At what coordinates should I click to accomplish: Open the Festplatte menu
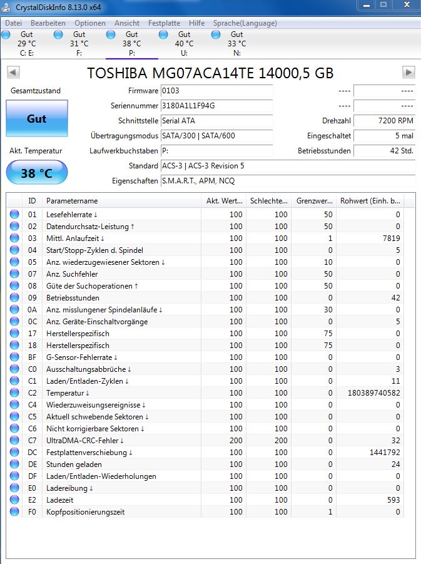point(164,23)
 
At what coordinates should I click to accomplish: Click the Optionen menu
point(90,23)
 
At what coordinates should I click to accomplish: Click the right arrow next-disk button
point(408,72)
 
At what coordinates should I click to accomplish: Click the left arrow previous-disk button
point(13,72)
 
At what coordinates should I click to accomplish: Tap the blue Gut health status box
point(36,118)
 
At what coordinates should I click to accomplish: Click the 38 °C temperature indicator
point(36,173)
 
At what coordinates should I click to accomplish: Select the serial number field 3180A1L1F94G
point(216,106)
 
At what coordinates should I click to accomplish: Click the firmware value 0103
point(216,91)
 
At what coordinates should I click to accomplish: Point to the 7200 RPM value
point(384,121)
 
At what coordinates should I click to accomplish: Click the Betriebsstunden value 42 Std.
point(384,151)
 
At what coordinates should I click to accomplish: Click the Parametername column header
point(72,201)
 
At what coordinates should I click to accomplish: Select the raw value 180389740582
point(369,393)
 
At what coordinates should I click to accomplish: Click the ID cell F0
point(33,512)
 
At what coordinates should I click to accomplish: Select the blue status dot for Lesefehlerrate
point(14,215)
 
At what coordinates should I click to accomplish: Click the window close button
point(405,6)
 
